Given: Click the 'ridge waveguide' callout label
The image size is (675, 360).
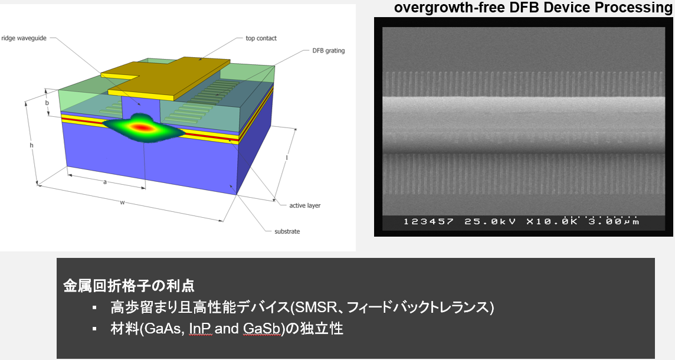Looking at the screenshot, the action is coord(24,38).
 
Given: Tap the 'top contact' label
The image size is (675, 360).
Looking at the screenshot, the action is coord(261,38).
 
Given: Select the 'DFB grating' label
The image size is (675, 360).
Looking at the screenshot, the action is coord(329,51).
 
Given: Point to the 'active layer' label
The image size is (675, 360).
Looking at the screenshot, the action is coord(305,205).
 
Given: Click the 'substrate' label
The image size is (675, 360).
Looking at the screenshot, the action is coord(287,232).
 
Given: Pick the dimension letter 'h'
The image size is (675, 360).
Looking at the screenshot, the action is coord(31,145).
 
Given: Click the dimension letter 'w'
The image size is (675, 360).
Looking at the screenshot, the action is coord(122,202).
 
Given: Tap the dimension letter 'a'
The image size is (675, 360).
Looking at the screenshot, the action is coord(105,182).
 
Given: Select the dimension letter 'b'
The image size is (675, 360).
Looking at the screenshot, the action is coord(47,103).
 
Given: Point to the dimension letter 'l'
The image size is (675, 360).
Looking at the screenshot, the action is coord(287,158).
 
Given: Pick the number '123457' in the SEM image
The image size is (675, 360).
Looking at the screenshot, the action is coord(428,222).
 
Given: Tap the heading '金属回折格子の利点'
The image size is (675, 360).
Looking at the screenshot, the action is coord(129,286).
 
